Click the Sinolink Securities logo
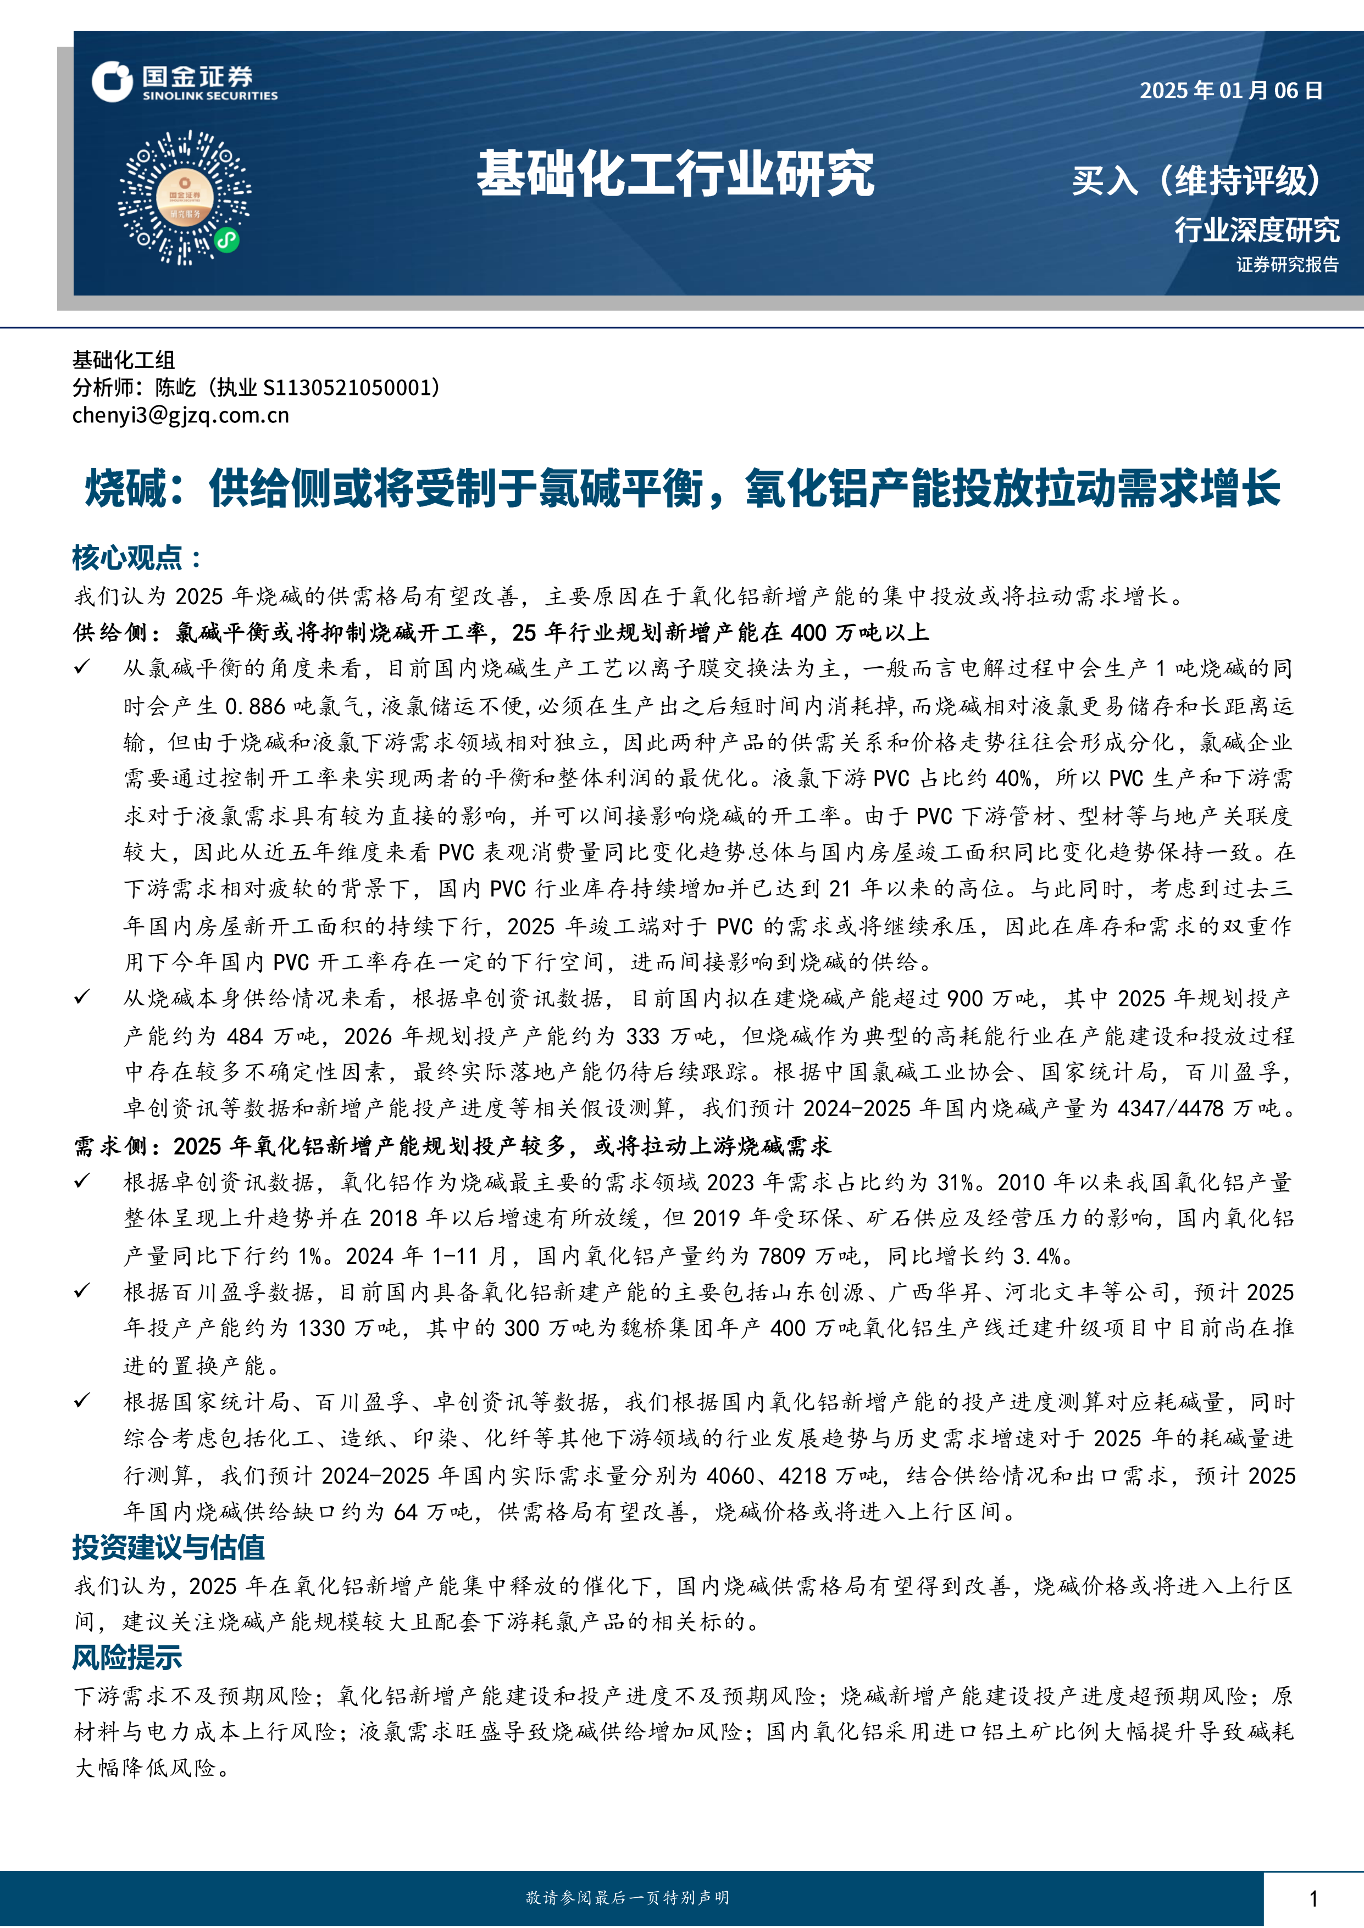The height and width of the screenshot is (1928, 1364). (184, 82)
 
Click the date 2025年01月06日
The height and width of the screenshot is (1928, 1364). (1230, 91)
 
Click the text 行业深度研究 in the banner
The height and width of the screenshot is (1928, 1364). (1256, 229)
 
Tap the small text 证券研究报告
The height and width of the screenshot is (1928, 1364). (1287, 265)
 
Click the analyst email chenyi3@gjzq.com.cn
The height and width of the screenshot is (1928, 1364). (181, 415)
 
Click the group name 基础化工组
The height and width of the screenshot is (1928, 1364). (124, 360)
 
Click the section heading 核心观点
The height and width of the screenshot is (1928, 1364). (136, 558)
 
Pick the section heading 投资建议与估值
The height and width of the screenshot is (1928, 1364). (168, 1547)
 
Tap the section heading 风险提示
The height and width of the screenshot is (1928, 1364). (127, 1657)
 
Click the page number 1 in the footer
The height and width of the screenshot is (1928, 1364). (1313, 1898)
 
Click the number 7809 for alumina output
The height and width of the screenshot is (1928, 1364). (781, 1256)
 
